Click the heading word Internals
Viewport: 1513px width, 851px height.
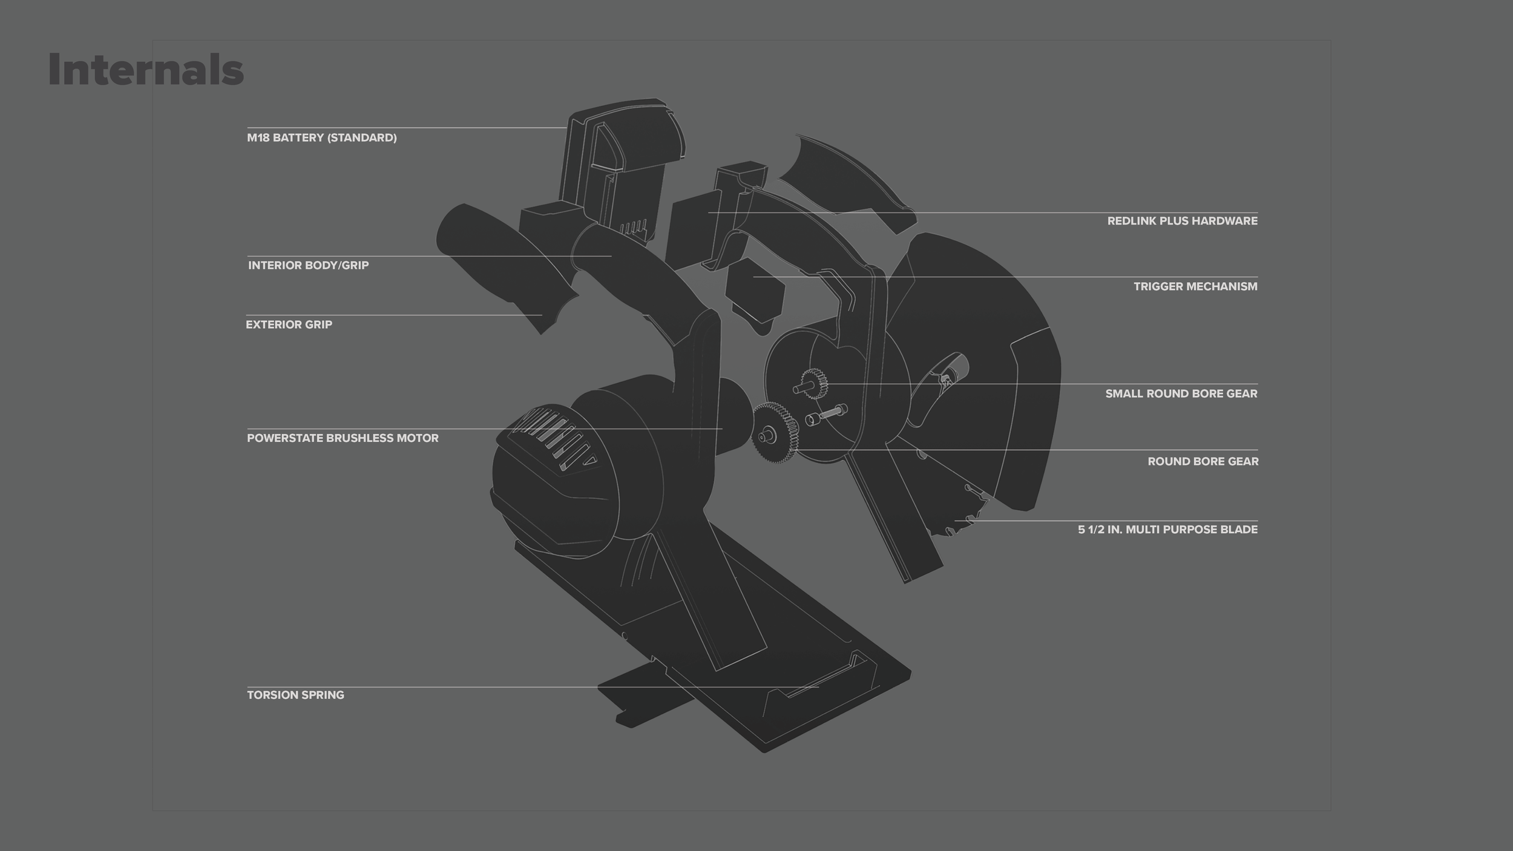tap(146, 70)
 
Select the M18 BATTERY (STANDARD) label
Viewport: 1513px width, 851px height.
tap(321, 138)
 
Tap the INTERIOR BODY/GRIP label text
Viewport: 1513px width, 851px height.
tap(308, 265)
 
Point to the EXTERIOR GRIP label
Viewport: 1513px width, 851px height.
tap(289, 324)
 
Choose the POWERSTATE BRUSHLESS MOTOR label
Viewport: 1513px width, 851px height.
tap(343, 438)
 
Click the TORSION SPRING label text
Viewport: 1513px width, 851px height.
tap(295, 695)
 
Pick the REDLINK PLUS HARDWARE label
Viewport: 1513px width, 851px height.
tap(1182, 221)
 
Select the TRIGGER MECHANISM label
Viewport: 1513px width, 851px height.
tap(1195, 286)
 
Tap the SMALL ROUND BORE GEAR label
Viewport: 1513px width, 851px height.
tap(1181, 393)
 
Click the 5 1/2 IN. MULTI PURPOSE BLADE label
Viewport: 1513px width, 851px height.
tap(1167, 530)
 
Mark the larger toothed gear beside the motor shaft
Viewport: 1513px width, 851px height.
tap(775, 432)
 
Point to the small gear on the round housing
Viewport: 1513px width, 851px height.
tap(815, 384)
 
